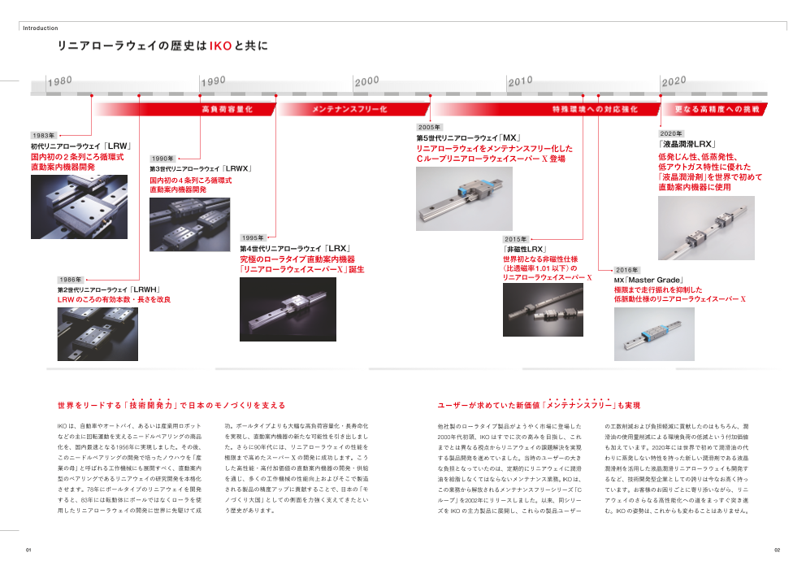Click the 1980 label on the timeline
point(60,80)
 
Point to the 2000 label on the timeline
point(366,80)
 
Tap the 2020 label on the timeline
point(674,80)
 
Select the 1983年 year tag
point(44,135)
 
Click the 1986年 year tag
point(69,279)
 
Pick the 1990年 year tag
point(162,159)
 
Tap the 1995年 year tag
point(253,237)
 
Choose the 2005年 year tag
point(428,128)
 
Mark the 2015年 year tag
point(515,239)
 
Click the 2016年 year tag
point(626,269)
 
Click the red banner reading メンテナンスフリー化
point(349,108)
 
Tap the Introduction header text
point(40,28)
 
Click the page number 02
point(776,550)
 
